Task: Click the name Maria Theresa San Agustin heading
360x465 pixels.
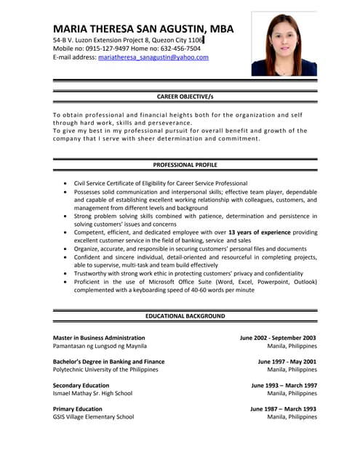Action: [x=144, y=28]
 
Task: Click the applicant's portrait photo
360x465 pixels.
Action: [x=284, y=44]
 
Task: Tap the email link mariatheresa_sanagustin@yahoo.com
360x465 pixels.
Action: [x=153, y=57]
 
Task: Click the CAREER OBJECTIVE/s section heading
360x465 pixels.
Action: [x=185, y=96]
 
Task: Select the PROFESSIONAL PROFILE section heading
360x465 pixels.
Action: [x=185, y=165]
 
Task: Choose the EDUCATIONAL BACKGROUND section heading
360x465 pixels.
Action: [x=185, y=316]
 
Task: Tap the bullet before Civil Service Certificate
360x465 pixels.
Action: [x=66, y=183]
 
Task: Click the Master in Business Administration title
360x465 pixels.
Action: [x=99, y=338]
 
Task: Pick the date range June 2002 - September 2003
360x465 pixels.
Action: [x=278, y=338]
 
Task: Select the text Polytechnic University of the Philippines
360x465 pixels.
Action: [x=105, y=369]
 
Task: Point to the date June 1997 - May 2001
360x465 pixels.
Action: [x=287, y=361]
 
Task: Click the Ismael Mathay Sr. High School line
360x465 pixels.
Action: [x=92, y=393]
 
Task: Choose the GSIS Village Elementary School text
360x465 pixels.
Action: [x=93, y=417]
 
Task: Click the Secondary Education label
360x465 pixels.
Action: [x=81, y=385]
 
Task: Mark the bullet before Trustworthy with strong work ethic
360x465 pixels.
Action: [x=66, y=273]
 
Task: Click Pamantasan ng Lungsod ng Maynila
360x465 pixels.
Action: [x=100, y=346]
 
